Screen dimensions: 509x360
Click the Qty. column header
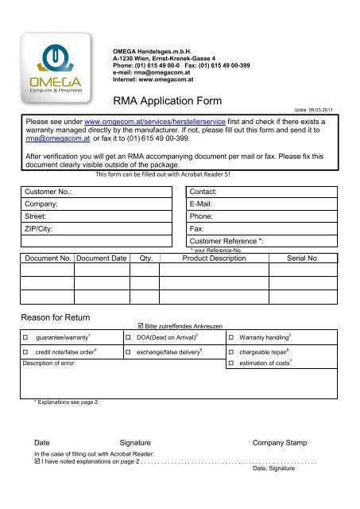tap(145, 258)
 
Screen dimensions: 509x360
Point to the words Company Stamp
tap(285, 442)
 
